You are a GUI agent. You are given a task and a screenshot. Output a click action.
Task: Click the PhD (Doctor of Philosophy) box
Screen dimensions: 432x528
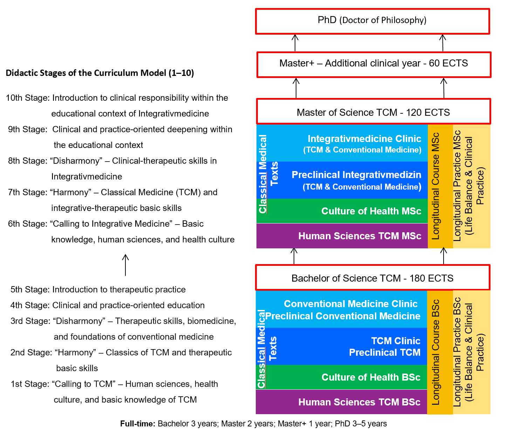point(372,21)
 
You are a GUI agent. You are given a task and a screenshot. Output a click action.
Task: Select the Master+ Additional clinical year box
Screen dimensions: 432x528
point(373,64)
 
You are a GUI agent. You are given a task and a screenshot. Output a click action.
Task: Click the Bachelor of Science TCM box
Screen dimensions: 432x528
point(372,278)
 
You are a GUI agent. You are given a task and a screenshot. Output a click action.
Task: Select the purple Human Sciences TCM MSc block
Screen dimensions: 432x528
point(359,236)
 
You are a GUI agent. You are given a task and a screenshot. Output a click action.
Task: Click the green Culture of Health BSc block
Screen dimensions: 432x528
point(371,377)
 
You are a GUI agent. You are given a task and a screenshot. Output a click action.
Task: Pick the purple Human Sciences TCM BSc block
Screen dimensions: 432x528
point(359,402)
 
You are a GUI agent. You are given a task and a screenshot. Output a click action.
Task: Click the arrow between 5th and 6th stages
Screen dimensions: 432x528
point(125,265)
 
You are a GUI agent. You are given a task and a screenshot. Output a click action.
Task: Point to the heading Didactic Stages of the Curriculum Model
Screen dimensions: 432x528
point(100,73)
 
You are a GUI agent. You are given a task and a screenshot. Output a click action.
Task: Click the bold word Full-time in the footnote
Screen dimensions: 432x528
point(137,424)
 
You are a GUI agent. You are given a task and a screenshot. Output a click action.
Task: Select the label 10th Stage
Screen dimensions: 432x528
point(27,98)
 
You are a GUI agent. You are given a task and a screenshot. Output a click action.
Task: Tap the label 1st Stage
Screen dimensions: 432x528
point(30,384)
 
